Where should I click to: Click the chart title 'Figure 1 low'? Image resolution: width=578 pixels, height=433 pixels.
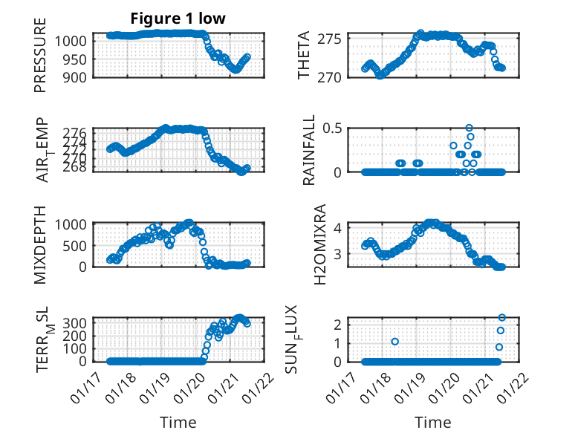coord(178,18)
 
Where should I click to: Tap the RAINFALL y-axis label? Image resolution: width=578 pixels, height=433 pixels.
coord(309,150)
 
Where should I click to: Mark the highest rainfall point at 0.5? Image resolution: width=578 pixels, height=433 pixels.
coord(469,128)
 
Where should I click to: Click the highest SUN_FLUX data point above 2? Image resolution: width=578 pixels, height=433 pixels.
coord(501,318)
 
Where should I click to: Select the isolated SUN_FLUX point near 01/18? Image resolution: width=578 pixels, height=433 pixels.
coord(394,342)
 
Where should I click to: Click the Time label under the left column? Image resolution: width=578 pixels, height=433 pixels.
coord(178,423)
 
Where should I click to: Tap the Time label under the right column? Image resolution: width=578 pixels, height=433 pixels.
coord(433,423)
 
